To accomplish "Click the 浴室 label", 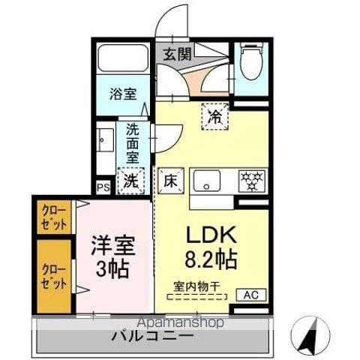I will (123, 96).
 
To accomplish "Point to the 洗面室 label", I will (133, 143).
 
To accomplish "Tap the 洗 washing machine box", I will (130, 180).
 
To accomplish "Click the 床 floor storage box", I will (170, 180).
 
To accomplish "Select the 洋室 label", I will (112, 247).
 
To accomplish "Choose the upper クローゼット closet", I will (54, 217).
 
